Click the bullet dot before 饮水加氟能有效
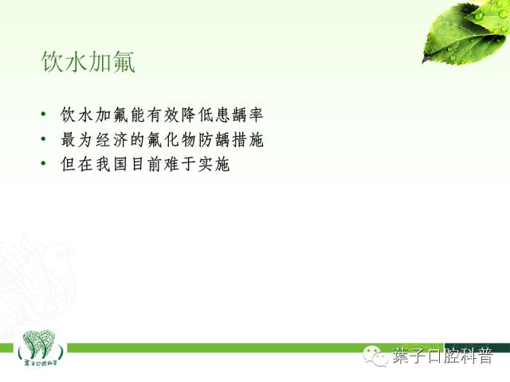click(41, 116)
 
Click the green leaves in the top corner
click(466, 32)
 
